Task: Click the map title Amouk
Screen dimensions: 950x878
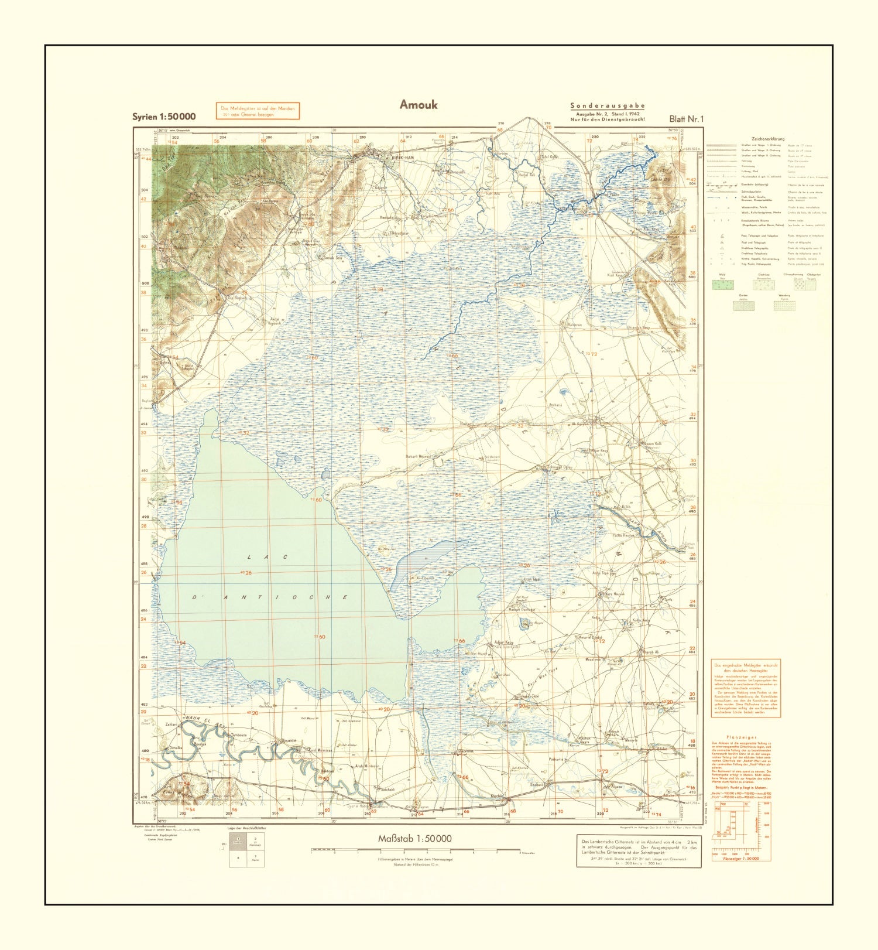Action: click(x=418, y=104)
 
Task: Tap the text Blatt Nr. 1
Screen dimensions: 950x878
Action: click(x=686, y=119)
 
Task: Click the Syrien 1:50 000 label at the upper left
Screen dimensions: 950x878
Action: click(x=164, y=117)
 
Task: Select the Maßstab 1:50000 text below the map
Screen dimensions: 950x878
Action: click(x=414, y=839)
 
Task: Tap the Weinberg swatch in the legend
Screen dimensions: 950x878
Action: click(x=784, y=305)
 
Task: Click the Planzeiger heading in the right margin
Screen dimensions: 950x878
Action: click(x=741, y=737)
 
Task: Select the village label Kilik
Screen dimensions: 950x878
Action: click(x=625, y=506)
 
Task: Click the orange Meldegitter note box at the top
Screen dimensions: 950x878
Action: click(x=258, y=111)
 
